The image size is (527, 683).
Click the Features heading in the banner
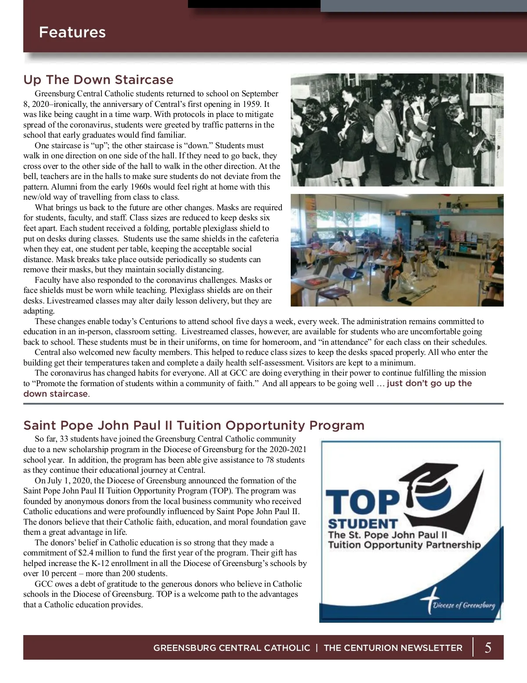(72, 32)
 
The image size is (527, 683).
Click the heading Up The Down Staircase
(98, 80)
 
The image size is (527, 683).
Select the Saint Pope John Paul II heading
(194, 425)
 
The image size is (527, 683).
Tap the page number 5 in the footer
(488, 647)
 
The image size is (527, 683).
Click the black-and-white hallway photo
(397, 130)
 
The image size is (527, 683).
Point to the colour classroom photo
(397, 250)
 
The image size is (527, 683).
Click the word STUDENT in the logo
(363, 524)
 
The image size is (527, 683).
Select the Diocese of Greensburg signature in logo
(463, 605)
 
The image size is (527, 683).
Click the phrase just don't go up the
(429, 383)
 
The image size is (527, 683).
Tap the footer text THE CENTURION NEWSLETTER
(393, 648)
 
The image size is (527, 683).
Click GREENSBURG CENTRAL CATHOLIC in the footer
(231, 648)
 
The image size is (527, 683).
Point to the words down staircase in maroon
(55, 394)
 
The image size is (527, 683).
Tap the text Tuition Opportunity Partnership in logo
(404, 545)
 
